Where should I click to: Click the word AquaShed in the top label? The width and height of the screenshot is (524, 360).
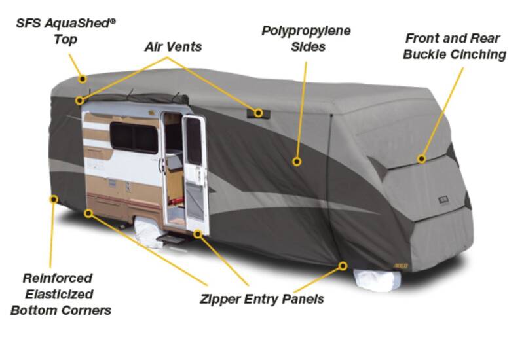pos(80,23)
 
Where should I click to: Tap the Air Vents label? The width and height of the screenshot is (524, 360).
pos(173,46)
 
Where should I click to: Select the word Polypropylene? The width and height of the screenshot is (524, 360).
pos(306,31)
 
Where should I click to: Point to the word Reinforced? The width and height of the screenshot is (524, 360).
pos(58,278)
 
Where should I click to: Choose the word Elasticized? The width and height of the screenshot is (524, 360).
pos(59,294)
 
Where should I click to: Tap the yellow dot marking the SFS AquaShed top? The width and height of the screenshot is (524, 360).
pos(83,79)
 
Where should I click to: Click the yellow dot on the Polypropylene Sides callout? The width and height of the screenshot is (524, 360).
pos(297,162)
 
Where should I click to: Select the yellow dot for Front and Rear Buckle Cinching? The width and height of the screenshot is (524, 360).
pos(422,158)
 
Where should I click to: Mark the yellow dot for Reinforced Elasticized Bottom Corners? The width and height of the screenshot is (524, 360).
pos(54,200)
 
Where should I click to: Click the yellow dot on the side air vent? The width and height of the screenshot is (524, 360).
pos(258,113)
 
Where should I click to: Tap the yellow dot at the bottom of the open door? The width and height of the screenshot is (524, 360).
pos(198,234)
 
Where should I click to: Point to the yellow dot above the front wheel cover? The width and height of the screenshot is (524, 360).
pos(343,266)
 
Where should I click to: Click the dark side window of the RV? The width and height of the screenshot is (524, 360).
pos(134,137)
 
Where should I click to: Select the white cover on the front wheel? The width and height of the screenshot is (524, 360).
pos(377,280)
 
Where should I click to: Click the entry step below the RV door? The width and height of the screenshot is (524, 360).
pos(170,238)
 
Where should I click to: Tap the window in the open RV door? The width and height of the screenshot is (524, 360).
pos(193,141)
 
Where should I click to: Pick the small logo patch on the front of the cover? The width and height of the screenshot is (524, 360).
pos(443,200)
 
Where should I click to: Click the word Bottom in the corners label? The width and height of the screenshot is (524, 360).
pos(31,310)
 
